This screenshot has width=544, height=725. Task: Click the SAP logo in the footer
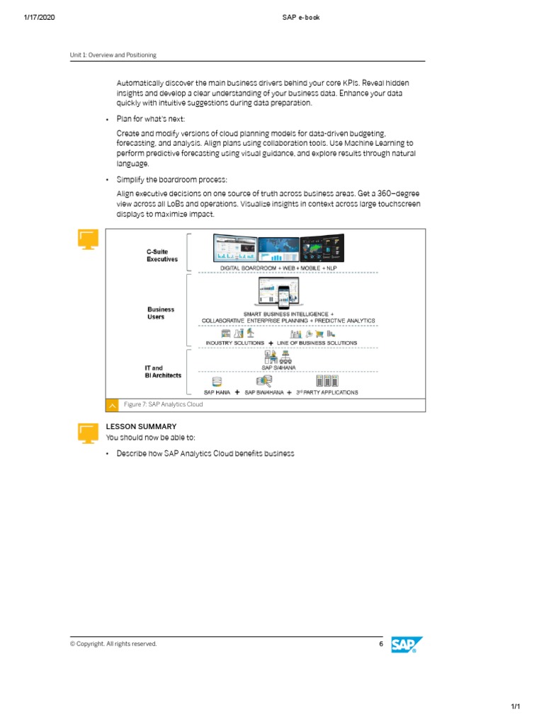pyautogui.click(x=407, y=644)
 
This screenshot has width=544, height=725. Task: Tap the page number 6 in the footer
pyautogui.click(x=380, y=644)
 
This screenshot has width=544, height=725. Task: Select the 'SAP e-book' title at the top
pyautogui.click(x=300, y=18)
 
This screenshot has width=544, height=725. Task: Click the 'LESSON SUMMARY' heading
pyautogui.click(x=141, y=427)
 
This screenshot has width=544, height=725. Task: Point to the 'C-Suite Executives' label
pyautogui.click(x=162, y=256)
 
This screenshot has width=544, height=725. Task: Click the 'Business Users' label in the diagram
pyautogui.click(x=161, y=313)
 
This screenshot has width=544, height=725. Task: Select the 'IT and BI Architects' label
pyautogui.click(x=163, y=372)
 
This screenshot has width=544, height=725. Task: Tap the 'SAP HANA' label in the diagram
pyautogui.click(x=217, y=392)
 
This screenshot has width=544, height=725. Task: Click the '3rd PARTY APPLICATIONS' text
pyautogui.click(x=327, y=392)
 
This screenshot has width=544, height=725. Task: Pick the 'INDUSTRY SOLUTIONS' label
pyautogui.click(x=234, y=343)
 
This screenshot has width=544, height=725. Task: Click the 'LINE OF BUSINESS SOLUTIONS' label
pyautogui.click(x=317, y=343)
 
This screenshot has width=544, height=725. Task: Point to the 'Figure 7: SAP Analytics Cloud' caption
pyautogui.click(x=163, y=404)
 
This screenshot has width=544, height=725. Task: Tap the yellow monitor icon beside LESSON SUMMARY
pyautogui.click(x=88, y=432)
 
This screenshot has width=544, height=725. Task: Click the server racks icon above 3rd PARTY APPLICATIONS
pyautogui.click(x=327, y=381)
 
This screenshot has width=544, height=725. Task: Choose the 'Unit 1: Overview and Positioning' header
pyautogui.click(x=113, y=55)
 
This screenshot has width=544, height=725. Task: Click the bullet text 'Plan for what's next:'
pyautogui.click(x=150, y=118)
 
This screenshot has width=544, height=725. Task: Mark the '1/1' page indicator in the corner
pyautogui.click(x=516, y=707)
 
